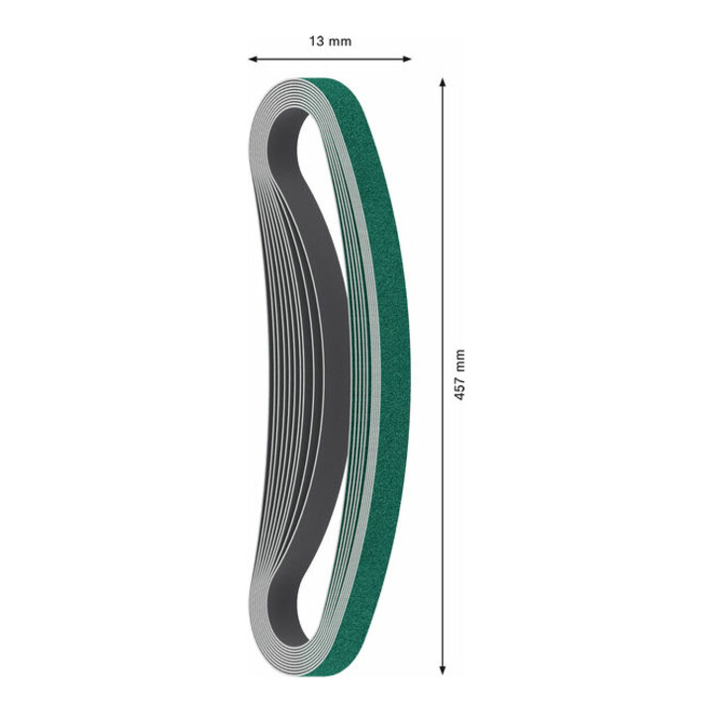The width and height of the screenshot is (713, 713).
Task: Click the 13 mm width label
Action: click(330, 42)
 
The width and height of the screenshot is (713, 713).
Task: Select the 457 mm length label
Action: click(459, 374)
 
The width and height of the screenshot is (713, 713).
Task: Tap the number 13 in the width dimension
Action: click(316, 42)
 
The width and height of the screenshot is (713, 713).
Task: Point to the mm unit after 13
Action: click(340, 42)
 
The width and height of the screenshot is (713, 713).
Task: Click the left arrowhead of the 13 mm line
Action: click(253, 58)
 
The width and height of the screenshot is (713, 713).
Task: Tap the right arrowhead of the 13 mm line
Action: click(407, 58)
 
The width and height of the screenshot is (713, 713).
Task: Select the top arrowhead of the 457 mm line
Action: click(442, 82)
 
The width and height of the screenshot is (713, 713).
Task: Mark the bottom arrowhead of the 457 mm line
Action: click(442, 669)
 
